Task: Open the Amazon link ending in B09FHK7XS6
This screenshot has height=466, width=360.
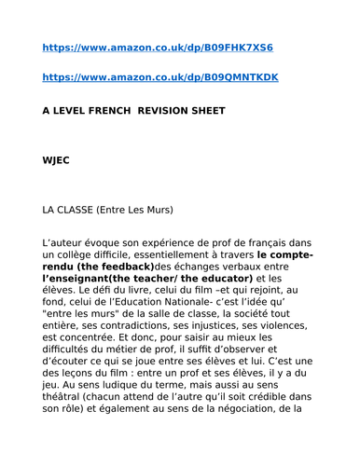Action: tap(158, 47)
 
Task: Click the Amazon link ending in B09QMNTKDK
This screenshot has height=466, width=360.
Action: tap(159, 78)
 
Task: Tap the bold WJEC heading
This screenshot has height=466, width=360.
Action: tap(56, 159)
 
